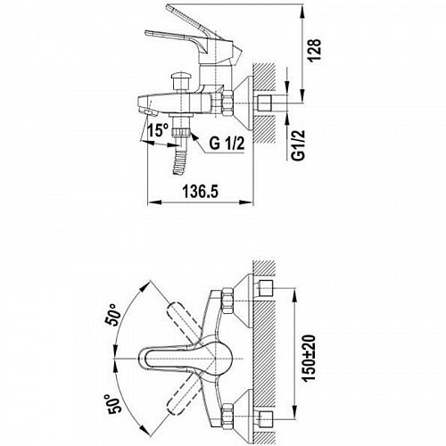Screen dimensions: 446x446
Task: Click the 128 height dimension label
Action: click(314, 50)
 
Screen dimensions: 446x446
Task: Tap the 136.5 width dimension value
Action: click(201, 191)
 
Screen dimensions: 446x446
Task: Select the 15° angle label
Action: click(159, 130)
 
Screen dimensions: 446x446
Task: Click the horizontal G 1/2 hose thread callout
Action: click(227, 143)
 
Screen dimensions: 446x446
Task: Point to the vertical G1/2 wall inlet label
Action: click(298, 145)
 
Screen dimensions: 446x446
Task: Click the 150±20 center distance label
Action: click(309, 358)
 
